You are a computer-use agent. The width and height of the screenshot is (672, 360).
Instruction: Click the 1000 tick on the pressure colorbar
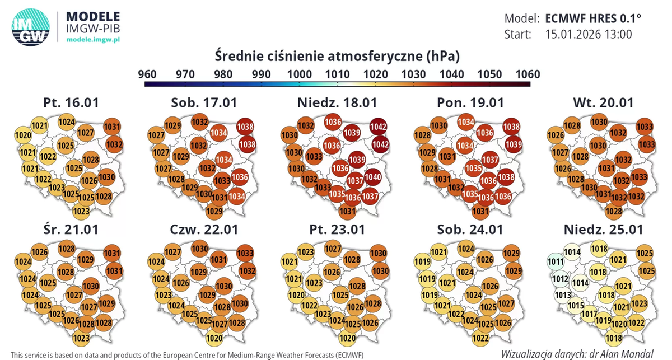(299, 74)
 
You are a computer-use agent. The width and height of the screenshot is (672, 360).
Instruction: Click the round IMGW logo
(31, 26)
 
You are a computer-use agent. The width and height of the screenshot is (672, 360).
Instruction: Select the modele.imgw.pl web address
(93, 40)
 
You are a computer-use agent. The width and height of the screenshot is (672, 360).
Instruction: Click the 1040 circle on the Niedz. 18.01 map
(373, 177)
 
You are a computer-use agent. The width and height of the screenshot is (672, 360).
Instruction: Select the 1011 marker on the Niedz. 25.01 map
(556, 261)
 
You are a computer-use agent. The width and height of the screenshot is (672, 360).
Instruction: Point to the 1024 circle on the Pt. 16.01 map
(67, 121)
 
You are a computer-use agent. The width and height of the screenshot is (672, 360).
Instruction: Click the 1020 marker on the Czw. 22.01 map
(214, 338)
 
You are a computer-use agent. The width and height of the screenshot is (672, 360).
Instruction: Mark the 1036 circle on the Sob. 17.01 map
(239, 177)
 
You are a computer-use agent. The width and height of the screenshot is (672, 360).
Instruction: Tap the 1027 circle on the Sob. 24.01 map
(506, 304)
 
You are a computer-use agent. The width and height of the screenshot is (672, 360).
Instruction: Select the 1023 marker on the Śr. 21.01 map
(81, 338)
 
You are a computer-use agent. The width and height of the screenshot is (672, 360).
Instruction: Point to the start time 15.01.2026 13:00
(588, 34)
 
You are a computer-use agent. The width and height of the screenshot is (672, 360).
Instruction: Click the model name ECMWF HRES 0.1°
(593, 18)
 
